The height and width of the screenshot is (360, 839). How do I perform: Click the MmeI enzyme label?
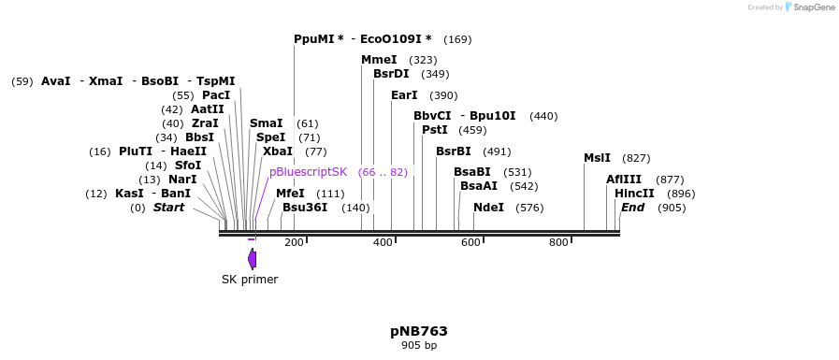tap(379, 60)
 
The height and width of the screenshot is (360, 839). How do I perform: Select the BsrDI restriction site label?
tap(391, 74)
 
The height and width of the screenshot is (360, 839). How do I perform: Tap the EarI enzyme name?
tap(404, 95)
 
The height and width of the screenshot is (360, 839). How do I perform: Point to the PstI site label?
tap(434, 130)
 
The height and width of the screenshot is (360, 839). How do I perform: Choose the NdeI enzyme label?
tap(488, 208)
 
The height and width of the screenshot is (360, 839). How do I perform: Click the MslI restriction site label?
tap(597, 158)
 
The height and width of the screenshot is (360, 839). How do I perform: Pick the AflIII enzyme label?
tap(624, 180)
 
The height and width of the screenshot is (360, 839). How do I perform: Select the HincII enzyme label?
tap(634, 194)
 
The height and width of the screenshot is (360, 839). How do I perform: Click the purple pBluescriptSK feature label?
tap(308, 172)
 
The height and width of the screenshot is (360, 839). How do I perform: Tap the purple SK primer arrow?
tap(252, 259)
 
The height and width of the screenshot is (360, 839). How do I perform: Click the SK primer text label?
tap(250, 279)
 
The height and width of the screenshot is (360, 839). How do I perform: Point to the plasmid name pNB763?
tap(419, 331)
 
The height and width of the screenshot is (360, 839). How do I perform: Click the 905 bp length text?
tap(419, 346)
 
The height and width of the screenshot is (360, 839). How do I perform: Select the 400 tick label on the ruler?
tap(383, 243)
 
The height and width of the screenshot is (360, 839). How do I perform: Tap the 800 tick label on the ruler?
tap(558, 243)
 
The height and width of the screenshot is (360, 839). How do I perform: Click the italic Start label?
tap(168, 208)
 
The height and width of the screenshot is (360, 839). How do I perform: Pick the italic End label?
tap(632, 208)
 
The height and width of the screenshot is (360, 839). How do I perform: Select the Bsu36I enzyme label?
tap(304, 208)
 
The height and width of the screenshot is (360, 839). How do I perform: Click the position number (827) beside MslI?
tap(636, 158)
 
